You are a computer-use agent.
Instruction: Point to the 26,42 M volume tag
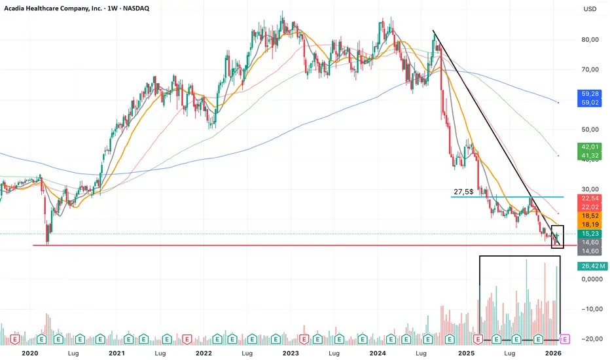point(592,266)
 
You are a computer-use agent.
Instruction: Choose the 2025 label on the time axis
point(467,352)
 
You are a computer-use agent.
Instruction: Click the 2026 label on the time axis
point(553,352)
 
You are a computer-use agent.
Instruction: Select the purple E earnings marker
point(566,339)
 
